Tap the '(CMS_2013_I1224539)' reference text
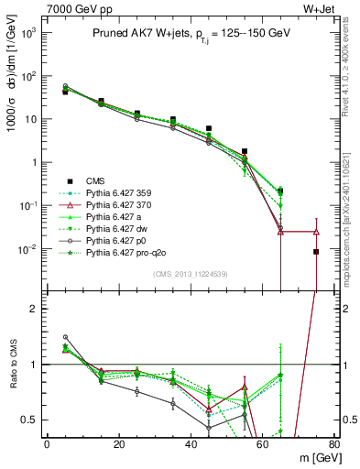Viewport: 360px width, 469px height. tap(191, 273)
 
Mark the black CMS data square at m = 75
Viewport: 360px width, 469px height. tap(316, 251)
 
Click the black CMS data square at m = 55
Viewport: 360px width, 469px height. tap(245, 151)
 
